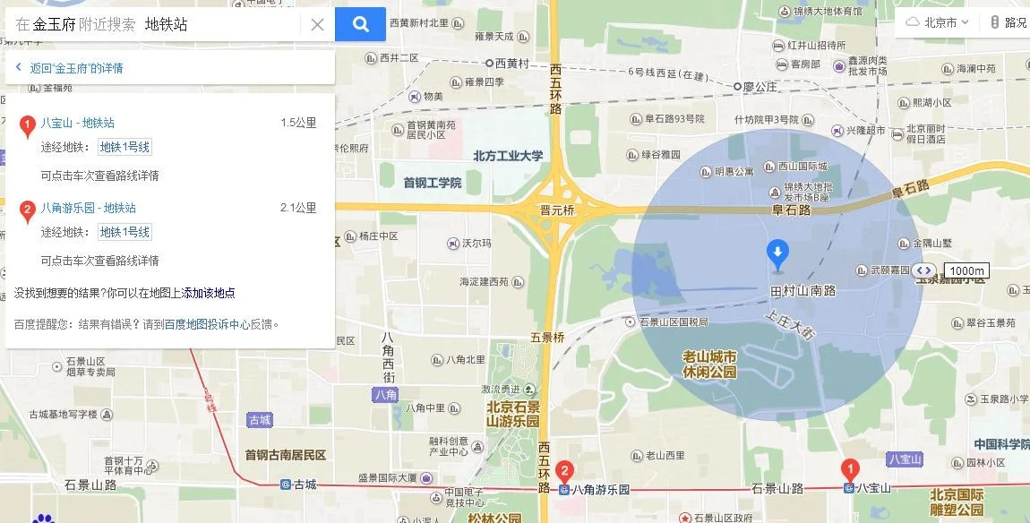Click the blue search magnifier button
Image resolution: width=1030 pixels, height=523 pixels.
[360, 24]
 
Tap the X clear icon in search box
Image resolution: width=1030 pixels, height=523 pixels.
[317, 25]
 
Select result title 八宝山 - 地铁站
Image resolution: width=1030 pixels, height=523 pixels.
[78, 123]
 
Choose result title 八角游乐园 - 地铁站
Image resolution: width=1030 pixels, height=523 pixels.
[89, 208]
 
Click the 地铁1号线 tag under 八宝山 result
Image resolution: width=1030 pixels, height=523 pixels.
[124, 148]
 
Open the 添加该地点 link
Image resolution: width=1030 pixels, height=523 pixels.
[209, 293]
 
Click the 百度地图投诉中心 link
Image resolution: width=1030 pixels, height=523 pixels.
[207, 324]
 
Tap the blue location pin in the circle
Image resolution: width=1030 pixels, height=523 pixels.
[777, 254]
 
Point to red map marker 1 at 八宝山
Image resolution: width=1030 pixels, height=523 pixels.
[849, 469]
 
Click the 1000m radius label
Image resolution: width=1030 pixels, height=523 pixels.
[967, 270]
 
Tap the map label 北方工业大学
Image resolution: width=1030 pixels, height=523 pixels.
[508, 156]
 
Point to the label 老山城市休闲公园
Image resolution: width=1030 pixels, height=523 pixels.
[709, 364]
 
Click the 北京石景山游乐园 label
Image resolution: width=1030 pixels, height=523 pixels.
[513, 415]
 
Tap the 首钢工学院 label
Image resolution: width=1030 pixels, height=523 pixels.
[432, 183]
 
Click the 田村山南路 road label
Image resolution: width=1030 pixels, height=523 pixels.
[803, 291]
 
